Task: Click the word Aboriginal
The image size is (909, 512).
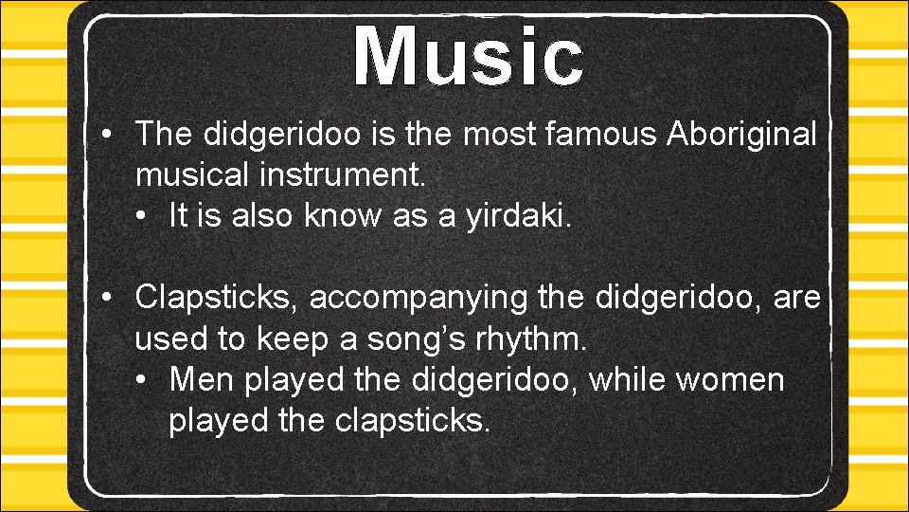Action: [741, 135]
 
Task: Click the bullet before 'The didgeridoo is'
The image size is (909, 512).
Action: [110, 135]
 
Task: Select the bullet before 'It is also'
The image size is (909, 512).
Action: [142, 216]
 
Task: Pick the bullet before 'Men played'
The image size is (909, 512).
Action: [142, 379]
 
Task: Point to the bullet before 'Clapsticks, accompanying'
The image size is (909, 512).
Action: [110, 298]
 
